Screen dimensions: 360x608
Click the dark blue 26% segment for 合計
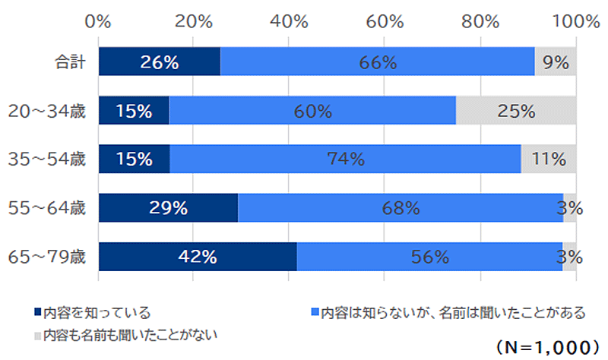[x=159, y=62]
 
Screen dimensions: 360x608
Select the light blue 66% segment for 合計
[x=377, y=62]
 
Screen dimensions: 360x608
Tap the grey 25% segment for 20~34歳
[x=516, y=111]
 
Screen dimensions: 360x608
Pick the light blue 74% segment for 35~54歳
[x=345, y=159]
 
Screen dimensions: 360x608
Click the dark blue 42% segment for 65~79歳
[x=198, y=257]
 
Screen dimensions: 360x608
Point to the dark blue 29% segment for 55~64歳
[x=168, y=208]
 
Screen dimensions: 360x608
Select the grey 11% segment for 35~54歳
[x=549, y=159]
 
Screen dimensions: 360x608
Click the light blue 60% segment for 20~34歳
[x=312, y=111]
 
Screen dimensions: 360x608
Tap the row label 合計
[x=71, y=62]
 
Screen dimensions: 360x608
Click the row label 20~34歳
[x=47, y=111]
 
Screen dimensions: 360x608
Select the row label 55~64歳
[x=47, y=208]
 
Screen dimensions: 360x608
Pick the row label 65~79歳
[x=47, y=257]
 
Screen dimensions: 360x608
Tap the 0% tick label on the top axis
[x=100, y=21]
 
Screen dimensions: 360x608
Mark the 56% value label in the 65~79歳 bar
[x=429, y=257]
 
